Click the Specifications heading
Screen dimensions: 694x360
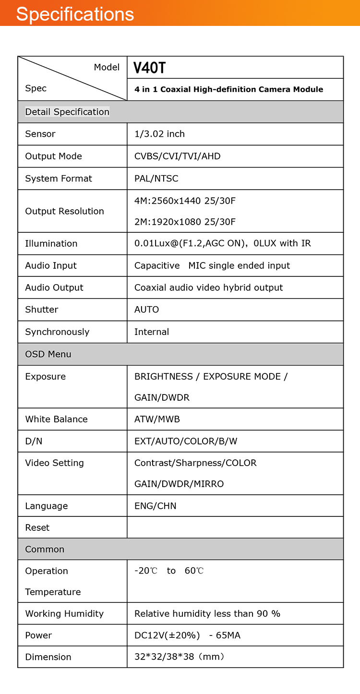tap(75, 14)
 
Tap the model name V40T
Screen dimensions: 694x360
tap(149, 68)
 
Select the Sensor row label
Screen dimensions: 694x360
tap(40, 134)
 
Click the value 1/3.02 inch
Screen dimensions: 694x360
tap(159, 134)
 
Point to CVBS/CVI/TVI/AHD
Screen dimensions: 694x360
tap(177, 156)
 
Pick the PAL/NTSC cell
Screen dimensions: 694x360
tap(156, 179)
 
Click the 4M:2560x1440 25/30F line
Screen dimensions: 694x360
tap(185, 201)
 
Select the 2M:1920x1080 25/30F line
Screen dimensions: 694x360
tap(185, 222)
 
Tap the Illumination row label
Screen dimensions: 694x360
tap(51, 243)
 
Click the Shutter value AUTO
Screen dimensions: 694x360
tap(146, 310)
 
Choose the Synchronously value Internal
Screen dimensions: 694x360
tap(152, 332)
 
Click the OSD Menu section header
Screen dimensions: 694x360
tap(48, 354)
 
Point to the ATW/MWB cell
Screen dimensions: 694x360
tap(157, 419)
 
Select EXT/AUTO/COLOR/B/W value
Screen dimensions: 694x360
tap(186, 441)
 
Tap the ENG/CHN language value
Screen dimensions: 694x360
tap(155, 506)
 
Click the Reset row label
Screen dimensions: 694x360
tap(37, 527)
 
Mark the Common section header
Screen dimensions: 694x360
tap(45, 549)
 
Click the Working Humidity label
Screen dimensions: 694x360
tap(64, 613)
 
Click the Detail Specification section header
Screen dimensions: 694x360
tap(67, 112)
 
